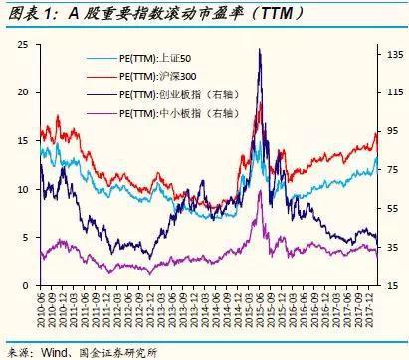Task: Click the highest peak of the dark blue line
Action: tap(260, 49)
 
